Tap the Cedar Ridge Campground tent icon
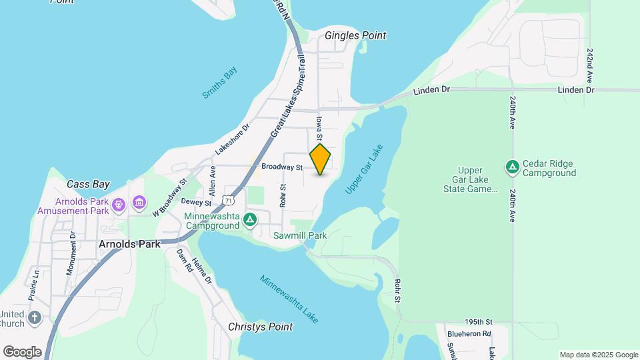pyautogui.click(x=512, y=165)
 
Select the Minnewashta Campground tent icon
pyautogui.click(x=249, y=219)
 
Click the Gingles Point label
pyautogui.click(x=355, y=35)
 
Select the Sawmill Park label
pyautogui.click(x=300, y=235)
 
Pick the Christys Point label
pyautogui.click(x=260, y=327)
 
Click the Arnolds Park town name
pyautogui.click(x=129, y=244)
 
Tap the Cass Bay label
pyautogui.click(x=88, y=184)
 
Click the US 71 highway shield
pyautogui.click(x=229, y=199)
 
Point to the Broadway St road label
pyautogui.click(x=282, y=167)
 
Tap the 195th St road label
pyautogui.click(x=479, y=321)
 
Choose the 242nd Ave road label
pyautogui.click(x=589, y=65)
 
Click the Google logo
pyautogui.click(x=22, y=352)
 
